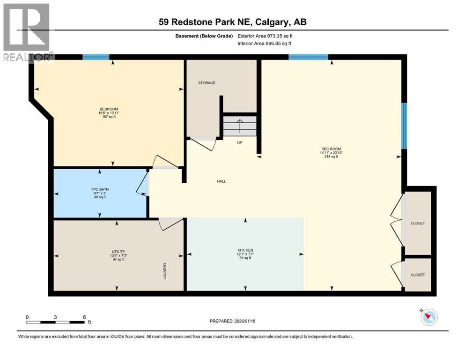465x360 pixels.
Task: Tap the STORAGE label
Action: point(207,83)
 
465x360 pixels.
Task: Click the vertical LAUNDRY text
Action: point(165,271)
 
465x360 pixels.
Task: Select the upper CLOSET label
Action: point(418,223)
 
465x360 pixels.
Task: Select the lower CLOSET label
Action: point(418,275)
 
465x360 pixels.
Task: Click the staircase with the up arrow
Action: point(240,126)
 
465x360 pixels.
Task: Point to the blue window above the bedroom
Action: point(96,57)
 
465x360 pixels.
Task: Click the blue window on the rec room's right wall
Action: point(405,124)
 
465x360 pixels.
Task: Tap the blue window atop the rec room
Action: point(308,57)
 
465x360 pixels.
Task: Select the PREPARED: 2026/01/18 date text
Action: point(232,321)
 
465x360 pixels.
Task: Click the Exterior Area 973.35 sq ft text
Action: point(267,36)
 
